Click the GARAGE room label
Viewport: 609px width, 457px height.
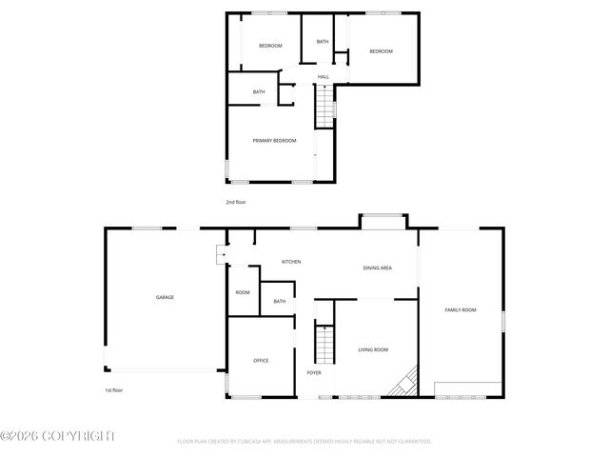coord(165,297)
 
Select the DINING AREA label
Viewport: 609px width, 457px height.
coord(378,268)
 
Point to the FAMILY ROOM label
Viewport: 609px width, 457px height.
coord(461,309)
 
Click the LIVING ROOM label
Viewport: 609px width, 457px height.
coord(373,350)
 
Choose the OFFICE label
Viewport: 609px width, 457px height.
coord(261,361)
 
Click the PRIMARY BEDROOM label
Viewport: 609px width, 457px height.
coord(274,141)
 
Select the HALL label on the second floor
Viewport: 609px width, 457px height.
coord(324,76)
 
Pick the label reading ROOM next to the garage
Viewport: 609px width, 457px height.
coord(243,292)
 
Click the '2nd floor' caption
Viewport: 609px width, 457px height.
coord(236,203)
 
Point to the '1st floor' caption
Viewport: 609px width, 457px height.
coord(114,390)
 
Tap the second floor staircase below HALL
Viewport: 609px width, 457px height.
coord(325,101)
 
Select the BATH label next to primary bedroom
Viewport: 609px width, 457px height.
coord(259,91)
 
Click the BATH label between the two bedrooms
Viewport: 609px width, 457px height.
coord(323,42)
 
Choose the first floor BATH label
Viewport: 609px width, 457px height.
coord(279,302)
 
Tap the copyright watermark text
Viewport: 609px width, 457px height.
coord(57,436)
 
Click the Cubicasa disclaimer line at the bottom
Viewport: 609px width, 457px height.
coord(304,442)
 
